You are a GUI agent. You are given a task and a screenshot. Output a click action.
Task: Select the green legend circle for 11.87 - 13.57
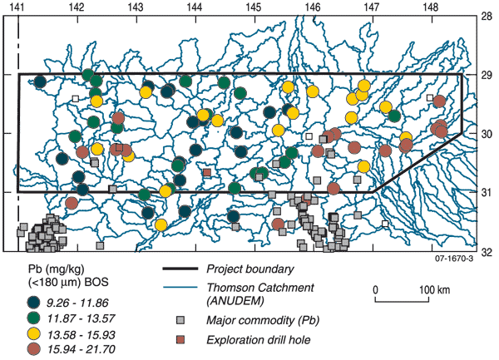pyautogui.click(x=32, y=318)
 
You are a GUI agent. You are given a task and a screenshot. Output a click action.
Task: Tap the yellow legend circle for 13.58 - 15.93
pyautogui.click(x=32, y=333)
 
